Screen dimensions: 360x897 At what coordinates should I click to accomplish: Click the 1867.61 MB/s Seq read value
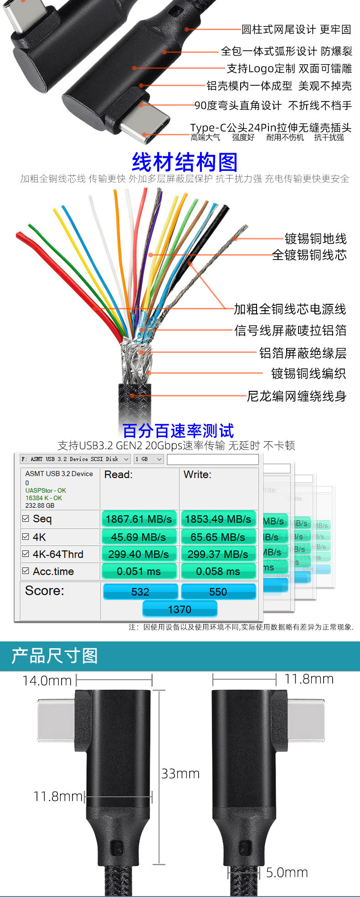click(139, 519)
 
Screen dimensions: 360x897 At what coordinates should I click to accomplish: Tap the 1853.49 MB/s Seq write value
click(218, 519)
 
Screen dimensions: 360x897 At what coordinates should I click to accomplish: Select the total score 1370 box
click(180, 609)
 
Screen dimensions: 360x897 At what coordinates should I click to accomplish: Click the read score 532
click(140, 592)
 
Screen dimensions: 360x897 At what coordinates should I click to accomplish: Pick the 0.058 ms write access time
click(218, 571)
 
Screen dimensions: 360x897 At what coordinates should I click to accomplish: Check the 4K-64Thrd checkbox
click(26, 554)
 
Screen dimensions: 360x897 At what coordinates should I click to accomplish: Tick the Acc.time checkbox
click(26, 571)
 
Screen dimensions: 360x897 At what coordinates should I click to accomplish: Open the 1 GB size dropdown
click(149, 459)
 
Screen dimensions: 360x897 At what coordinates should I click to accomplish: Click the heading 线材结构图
click(185, 162)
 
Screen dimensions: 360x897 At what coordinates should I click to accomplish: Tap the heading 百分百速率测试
click(178, 431)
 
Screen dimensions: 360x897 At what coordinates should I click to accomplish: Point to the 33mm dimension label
click(180, 774)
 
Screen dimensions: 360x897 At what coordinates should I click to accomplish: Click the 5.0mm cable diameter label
click(287, 872)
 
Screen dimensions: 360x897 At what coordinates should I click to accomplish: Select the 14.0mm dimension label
click(47, 681)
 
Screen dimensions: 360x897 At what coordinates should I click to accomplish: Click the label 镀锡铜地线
click(315, 238)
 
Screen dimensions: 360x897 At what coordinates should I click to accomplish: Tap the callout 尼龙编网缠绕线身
click(296, 396)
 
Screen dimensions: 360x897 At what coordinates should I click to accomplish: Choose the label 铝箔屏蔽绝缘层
click(303, 353)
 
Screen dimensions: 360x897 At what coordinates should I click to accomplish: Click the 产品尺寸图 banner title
click(55, 656)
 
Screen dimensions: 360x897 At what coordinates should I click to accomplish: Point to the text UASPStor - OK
click(46, 490)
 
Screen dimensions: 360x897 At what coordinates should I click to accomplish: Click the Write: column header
click(197, 475)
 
